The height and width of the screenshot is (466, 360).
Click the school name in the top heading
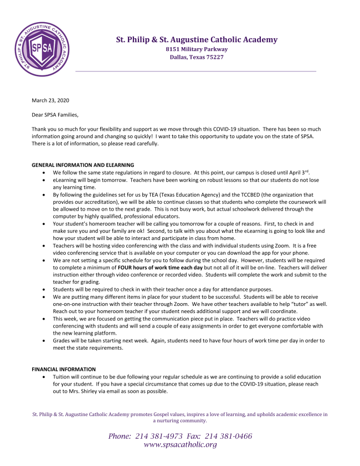197,40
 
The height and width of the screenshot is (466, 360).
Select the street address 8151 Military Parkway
197,49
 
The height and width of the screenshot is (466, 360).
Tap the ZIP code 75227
213,57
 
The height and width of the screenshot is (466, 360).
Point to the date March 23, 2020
50,100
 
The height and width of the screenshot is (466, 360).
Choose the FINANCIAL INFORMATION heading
64,369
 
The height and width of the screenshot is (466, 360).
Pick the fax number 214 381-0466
229,436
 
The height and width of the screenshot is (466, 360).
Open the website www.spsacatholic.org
180,445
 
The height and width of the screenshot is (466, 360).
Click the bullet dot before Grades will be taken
44,340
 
